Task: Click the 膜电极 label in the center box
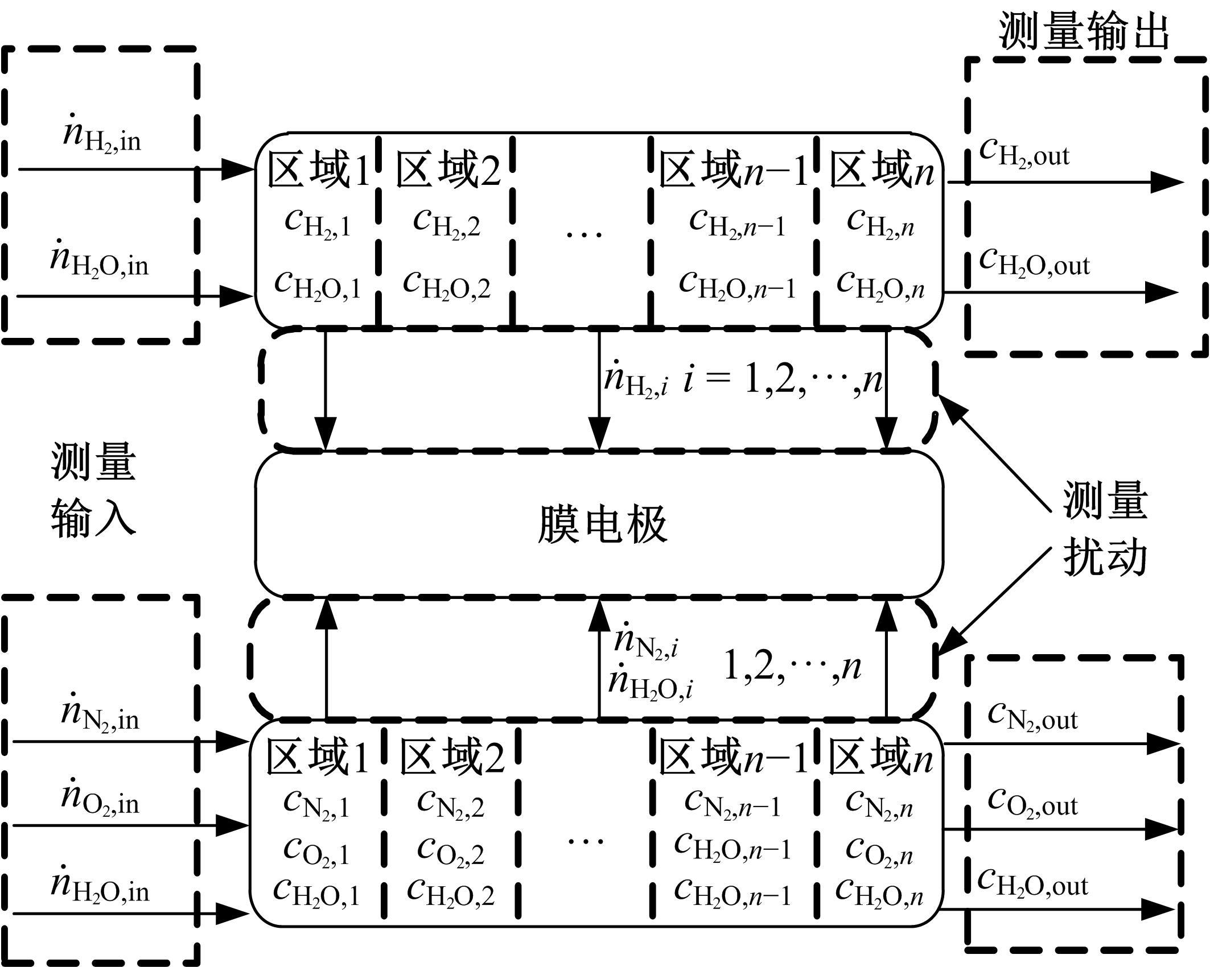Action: (x=602, y=524)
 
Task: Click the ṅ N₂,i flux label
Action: (x=646, y=643)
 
